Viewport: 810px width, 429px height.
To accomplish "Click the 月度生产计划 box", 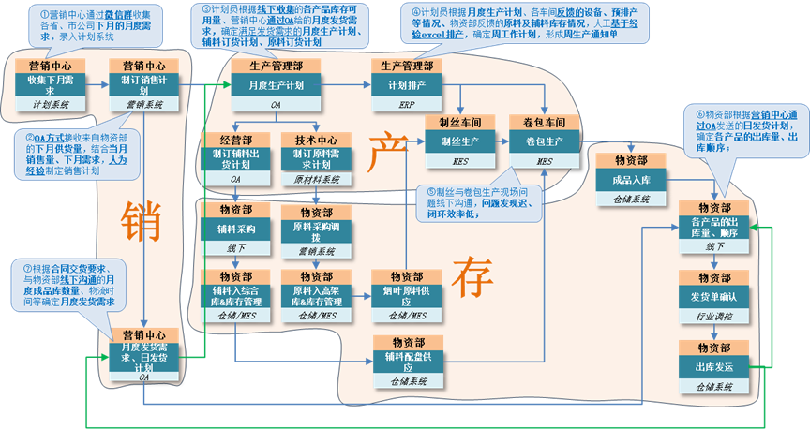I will tap(276, 85).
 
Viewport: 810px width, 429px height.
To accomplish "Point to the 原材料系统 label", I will tap(316, 177).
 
